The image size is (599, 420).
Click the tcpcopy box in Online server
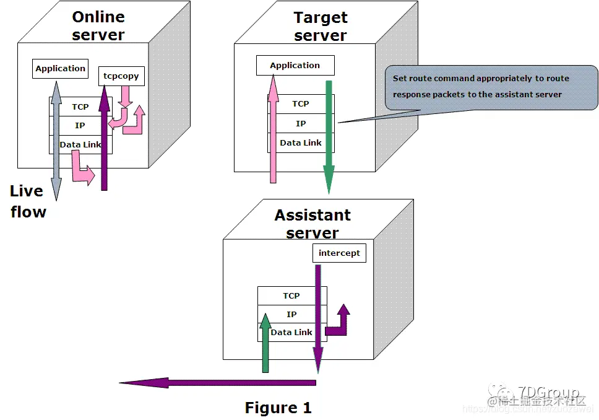(122, 76)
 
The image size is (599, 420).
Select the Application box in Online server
(60, 69)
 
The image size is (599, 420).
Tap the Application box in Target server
(295, 65)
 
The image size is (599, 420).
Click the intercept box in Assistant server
(339, 253)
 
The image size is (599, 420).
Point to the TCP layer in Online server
(80, 107)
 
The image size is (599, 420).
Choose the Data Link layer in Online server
(80, 145)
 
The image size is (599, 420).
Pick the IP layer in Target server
(301, 123)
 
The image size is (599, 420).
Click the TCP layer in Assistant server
(291, 295)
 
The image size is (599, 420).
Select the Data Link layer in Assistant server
(291, 332)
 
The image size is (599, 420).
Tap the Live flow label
(28, 201)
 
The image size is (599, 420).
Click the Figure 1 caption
(278, 408)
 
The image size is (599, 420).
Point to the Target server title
(321, 26)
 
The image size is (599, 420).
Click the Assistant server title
(312, 224)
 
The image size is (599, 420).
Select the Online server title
(98, 25)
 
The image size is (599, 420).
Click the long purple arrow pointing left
(217, 383)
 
